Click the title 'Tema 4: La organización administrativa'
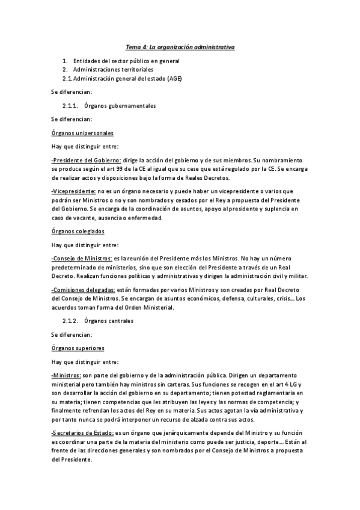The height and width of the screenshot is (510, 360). [x=180, y=46]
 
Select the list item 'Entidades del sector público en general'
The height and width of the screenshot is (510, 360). [x=126, y=61]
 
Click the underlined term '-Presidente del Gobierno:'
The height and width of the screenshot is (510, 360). [x=87, y=161]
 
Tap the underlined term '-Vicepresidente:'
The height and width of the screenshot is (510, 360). [x=73, y=191]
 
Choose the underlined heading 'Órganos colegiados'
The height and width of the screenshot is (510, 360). [x=78, y=231]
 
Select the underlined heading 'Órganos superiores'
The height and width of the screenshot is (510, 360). [x=78, y=348]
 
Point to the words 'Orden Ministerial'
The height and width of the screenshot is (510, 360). [x=149, y=307]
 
